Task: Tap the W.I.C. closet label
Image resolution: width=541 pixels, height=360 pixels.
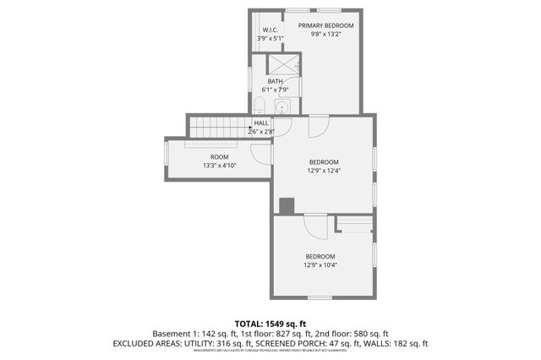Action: [270, 30]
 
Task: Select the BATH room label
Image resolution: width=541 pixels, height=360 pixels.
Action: [275, 81]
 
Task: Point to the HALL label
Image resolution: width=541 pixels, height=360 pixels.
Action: [261, 123]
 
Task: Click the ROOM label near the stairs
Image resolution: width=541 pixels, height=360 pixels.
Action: [219, 157]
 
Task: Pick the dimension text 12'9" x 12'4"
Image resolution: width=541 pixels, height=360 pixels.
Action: [323, 172]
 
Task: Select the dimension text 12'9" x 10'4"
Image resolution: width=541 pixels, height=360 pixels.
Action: [320, 265]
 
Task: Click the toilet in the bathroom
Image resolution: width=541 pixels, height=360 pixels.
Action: [260, 106]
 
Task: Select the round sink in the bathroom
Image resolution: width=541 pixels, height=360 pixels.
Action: [282, 106]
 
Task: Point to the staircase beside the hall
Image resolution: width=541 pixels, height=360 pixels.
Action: [216, 128]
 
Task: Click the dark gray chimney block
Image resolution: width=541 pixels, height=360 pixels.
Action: [287, 205]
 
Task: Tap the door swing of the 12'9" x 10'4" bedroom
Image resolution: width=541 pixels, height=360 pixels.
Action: [314, 226]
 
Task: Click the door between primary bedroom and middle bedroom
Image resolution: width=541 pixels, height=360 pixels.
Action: [318, 126]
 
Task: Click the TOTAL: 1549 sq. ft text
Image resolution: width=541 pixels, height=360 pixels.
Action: [270, 323]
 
